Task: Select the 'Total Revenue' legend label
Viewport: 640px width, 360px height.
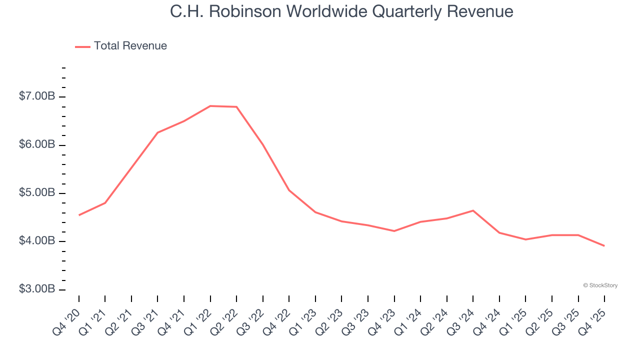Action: [130, 46]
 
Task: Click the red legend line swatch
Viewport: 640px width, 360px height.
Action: [82, 46]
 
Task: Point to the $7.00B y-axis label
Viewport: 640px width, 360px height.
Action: [36, 96]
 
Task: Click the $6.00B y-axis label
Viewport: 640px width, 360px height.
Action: [36, 144]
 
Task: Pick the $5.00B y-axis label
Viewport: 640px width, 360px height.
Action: [36, 193]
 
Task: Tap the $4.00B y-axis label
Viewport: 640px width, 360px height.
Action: [36, 241]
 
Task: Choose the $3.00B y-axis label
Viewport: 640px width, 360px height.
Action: [36, 289]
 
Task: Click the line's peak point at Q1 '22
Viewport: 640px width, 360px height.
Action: [210, 106]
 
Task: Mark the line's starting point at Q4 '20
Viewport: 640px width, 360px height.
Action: [79, 215]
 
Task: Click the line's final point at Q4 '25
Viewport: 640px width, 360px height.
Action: [604, 246]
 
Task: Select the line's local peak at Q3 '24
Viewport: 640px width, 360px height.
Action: [473, 210]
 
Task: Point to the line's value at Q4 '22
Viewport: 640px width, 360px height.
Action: [289, 190]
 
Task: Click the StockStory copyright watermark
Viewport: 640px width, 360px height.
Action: [600, 285]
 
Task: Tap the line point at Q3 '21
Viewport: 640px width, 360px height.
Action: [157, 132]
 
